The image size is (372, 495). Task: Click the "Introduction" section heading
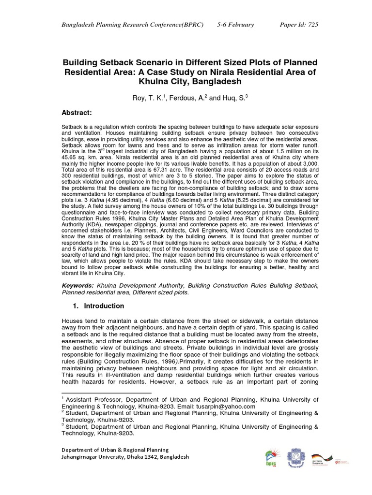pos(104,306)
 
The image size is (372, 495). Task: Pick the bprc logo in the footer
pos(270,459)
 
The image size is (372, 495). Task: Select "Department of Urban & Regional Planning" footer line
pos(115,450)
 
